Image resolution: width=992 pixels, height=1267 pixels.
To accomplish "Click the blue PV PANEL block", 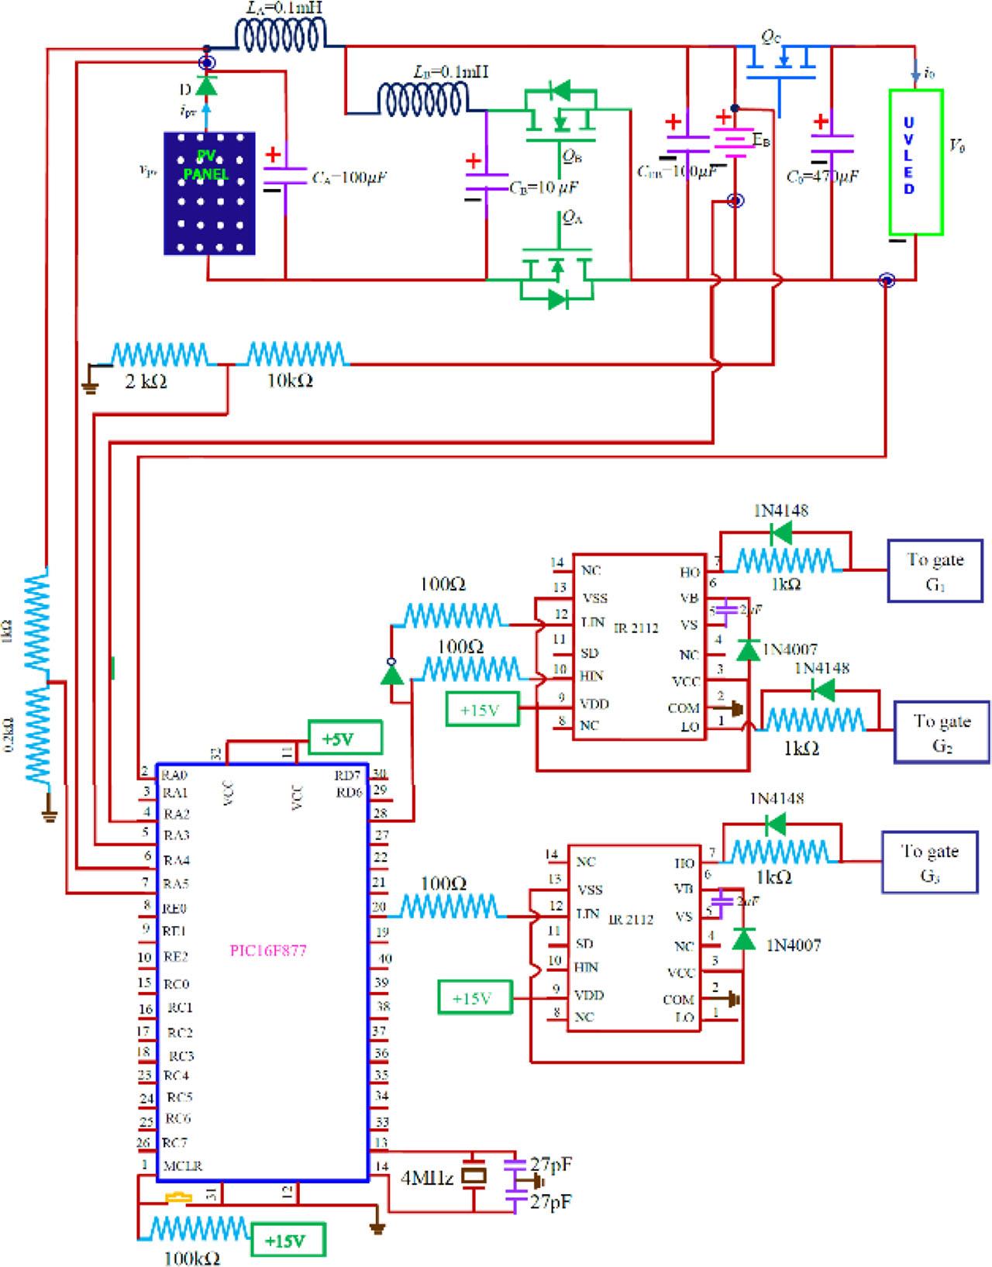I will [209, 193].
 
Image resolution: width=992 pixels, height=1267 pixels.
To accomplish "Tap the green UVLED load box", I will [915, 162].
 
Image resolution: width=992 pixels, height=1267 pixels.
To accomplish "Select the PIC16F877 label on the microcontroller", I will [268, 951].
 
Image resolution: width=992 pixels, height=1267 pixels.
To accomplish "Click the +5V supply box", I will [345, 739].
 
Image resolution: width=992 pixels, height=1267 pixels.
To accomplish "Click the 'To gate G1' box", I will [935, 571].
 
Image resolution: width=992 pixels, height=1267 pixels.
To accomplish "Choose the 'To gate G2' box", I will [942, 732].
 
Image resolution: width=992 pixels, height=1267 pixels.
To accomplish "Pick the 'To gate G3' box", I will [929, 862].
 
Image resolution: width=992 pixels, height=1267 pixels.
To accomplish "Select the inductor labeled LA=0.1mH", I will [280, 35].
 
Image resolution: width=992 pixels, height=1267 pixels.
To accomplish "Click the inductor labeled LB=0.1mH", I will [422, 98].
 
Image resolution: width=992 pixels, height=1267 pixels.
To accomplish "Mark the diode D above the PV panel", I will [205, 84].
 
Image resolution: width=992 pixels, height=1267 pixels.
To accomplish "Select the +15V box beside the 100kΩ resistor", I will [287, 1241].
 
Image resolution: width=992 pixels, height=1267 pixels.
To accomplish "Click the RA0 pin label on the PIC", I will [175, 774].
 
